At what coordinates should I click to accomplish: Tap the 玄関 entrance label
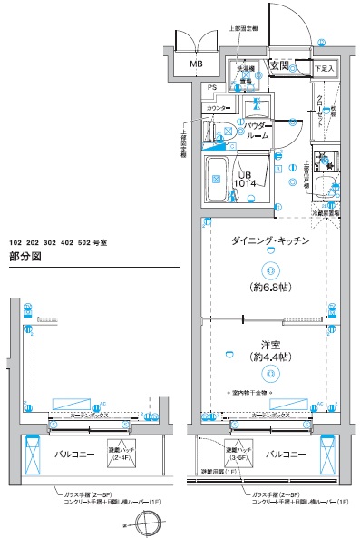pos(278,65)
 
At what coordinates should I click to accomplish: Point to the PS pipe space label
pos(211,87)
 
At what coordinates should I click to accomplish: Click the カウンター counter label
pos(218,108)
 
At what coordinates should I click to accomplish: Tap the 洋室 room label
pos(268,345)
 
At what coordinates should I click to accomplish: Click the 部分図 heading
pos(26,258)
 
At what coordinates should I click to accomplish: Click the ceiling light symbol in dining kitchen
pos(268,269)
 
